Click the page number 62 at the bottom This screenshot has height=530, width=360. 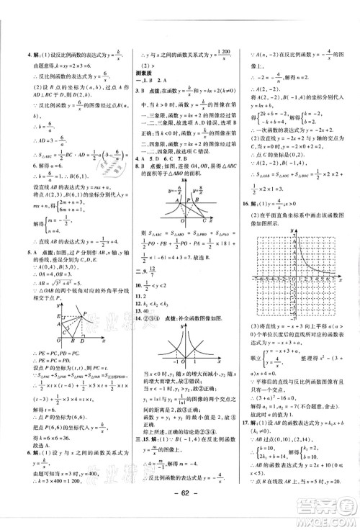[179, 513]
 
